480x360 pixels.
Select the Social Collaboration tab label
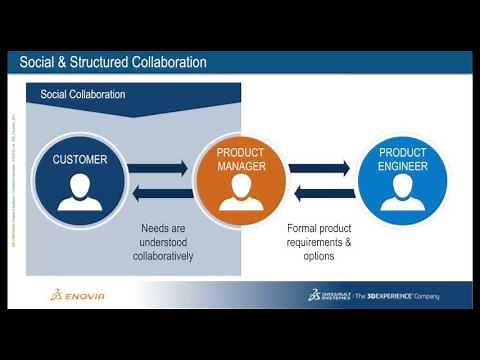[83, 95]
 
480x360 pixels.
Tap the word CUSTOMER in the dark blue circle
[80, 159]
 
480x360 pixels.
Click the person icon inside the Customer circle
[80, 192]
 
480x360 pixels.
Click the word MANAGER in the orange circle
[241, 167]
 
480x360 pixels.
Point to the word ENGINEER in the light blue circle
[402, 167]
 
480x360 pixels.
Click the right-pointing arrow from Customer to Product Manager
[160, 168]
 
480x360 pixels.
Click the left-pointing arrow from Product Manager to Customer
[160, 193]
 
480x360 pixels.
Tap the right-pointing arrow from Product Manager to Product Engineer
[320, 168]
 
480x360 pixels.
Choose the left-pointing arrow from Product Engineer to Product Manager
[320, 193]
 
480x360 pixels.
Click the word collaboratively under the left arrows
[163, 256]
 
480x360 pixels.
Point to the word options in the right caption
[319, 256]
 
